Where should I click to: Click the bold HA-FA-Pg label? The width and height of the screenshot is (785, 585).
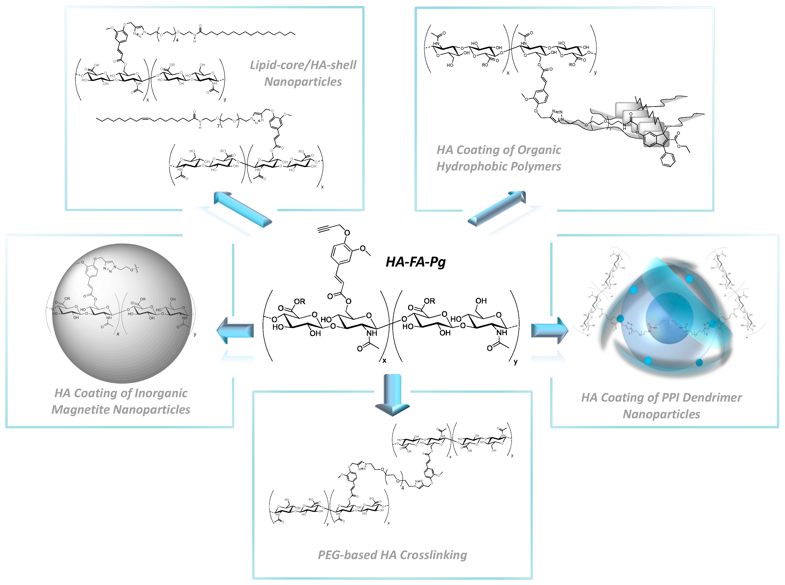[415, 262]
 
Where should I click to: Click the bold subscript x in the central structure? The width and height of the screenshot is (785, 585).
[384, 360]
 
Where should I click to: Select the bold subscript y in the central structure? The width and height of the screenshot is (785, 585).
[516, 362]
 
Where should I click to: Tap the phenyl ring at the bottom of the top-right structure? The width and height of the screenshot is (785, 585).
[668, 160]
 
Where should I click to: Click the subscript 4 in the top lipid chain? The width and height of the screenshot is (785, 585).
[177, 40]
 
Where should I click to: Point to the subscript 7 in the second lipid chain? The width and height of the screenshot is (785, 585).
[218, 126]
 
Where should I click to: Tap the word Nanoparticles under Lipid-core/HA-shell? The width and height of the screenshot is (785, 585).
[303, 82]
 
